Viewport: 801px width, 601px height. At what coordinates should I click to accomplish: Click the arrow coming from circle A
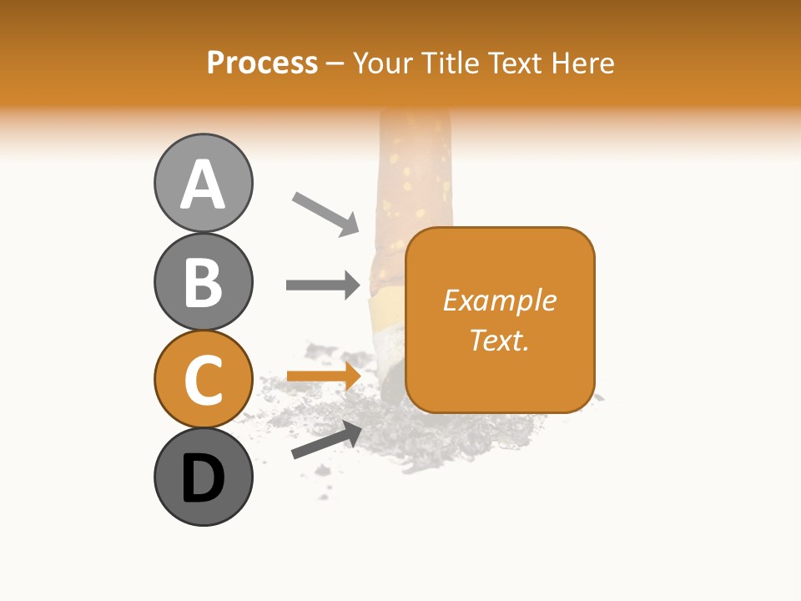pos(325,213)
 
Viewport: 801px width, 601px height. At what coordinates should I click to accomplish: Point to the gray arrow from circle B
pos(323,285)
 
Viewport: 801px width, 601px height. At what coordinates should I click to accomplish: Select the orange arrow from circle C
pos(323,376)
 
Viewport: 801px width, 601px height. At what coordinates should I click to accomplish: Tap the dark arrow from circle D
pos(326,440)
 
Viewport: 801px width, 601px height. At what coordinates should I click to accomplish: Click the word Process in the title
pos(262,63)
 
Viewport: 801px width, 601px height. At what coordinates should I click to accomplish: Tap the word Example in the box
pos(499,300)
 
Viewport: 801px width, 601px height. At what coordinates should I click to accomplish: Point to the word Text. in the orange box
pos(499,340)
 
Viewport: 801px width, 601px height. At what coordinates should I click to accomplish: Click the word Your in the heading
pos(381,63)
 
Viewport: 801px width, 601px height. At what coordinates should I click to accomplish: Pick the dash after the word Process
pos(335,63)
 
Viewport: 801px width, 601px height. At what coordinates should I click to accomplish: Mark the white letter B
pos(203,282)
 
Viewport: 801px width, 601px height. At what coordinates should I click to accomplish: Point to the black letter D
pos(203,478)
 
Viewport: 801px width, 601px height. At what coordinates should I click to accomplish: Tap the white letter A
pos(203,184)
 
